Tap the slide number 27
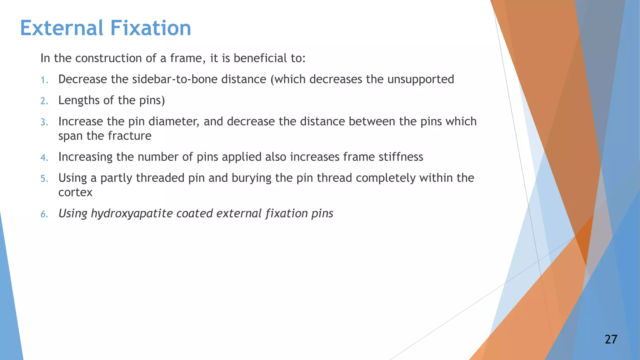coord(611,339)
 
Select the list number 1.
coord(44,80)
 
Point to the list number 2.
coord(44,101)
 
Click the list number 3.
coord(44,122)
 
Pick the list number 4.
coord(44,157)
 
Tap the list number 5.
coord(44,179)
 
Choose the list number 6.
coord(44,214)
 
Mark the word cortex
coord(75,192)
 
